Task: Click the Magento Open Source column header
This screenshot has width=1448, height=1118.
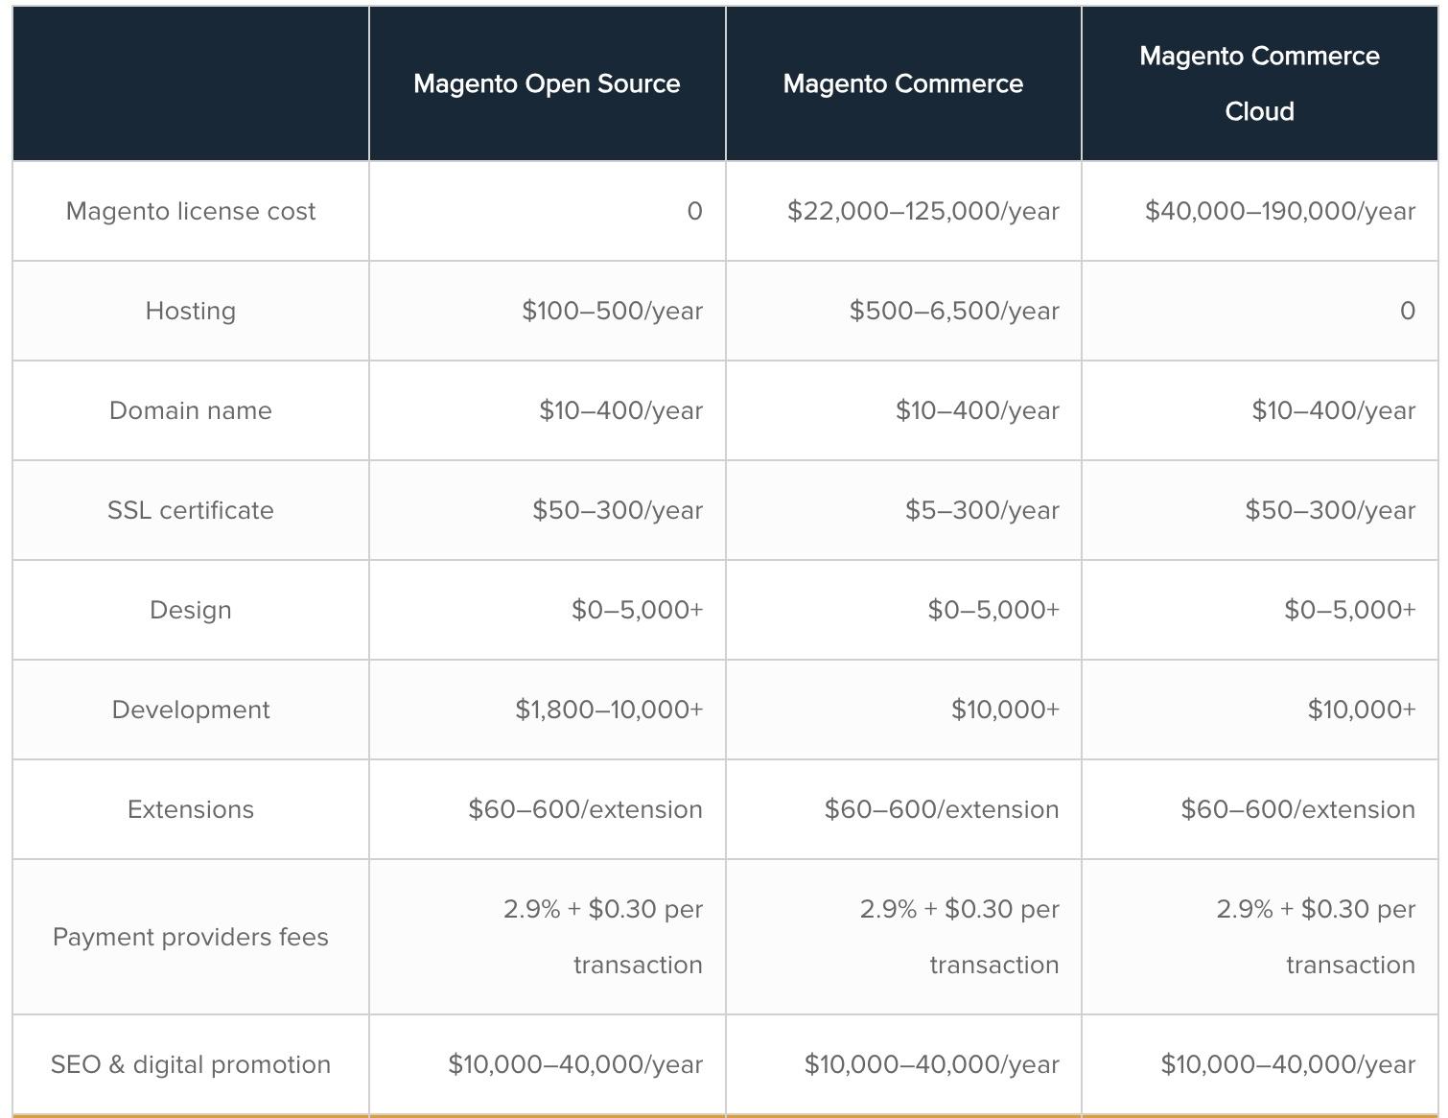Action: click(x=547, y=83)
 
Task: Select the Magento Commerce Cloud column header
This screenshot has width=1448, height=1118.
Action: click(x=1259, y=83)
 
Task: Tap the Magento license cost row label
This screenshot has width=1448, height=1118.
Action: click(x=190, y=211)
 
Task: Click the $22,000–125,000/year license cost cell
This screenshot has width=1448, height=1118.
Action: click(x=923, y=211)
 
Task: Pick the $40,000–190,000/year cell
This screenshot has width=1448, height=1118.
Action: click(x=1279, y=211)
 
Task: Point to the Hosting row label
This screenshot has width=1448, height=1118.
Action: click(x=190, y=311)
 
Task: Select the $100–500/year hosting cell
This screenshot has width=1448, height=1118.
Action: click(x=612, y=311)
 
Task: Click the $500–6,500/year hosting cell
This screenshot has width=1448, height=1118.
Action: click(x=954, y=311)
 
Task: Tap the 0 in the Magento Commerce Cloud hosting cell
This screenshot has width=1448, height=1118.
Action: click(x=1407, y=311)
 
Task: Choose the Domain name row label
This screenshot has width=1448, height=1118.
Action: click(x=190, y=410)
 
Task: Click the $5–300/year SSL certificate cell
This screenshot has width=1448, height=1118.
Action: click(x=982, y=510)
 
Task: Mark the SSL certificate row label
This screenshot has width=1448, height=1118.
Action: click(x=190, y=510)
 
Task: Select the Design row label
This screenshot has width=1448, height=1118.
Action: click(x=190, y=610)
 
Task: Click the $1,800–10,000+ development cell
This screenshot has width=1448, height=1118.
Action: click(x=609, y=710)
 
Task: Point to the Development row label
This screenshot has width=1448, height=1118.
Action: click(x=190, y=710)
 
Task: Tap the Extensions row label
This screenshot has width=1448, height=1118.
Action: click(x=190, y=809)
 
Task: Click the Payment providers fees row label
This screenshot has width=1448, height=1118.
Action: click(x=190, y=937)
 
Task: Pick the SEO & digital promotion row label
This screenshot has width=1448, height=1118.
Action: click(x=190, y=1064)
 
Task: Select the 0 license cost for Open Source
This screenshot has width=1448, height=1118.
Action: click(x=694, y=211)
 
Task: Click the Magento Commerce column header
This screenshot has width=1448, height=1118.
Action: click(x=902, y=83)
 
